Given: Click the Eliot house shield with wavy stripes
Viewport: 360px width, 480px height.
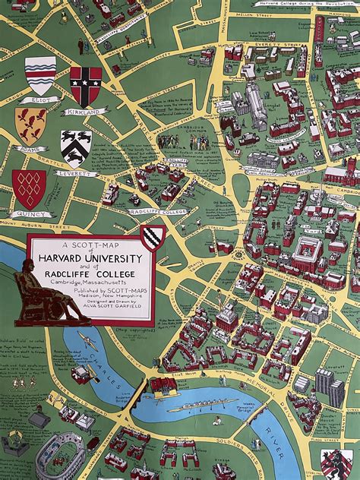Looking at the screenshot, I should coord(40,75).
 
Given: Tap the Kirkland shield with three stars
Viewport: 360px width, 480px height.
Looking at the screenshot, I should coord(86,86).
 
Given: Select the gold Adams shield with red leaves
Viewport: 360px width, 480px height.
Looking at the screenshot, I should coord(30,125).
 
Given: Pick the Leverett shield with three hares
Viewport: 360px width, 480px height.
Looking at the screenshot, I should coord(76,147).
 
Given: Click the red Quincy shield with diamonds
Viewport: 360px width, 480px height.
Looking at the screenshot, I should coord(29,188).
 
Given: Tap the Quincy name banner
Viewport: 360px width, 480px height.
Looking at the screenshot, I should coord(32,214).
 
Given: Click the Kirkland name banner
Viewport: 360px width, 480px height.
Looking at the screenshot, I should coord(86,112).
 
